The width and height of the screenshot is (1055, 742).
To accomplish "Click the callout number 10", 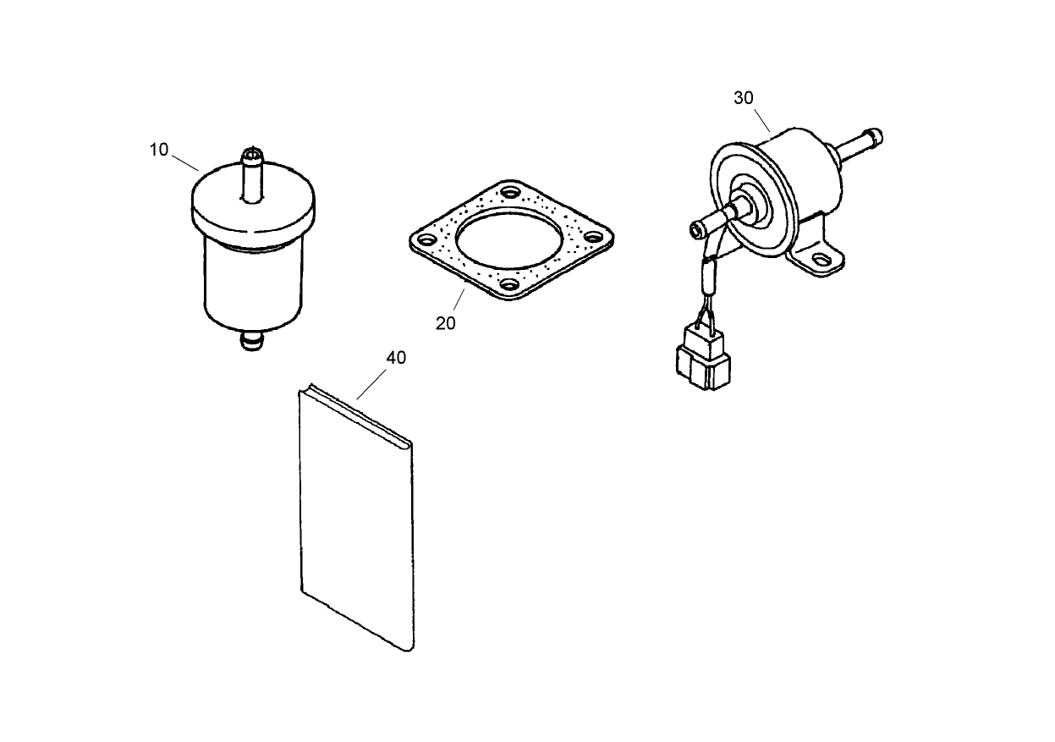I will point(159,150).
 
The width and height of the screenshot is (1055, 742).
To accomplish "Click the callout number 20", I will point(446,323).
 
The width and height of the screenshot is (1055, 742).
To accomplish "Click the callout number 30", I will point(743,98).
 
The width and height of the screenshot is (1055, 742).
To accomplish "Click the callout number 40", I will point(396,358).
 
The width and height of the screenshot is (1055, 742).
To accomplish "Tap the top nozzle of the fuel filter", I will point(253,173).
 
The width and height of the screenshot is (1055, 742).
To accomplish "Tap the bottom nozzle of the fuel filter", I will point(251,341).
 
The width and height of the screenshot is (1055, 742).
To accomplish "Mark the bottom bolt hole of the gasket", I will point(509,285).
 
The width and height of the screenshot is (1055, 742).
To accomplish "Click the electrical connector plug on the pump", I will point(701,360).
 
